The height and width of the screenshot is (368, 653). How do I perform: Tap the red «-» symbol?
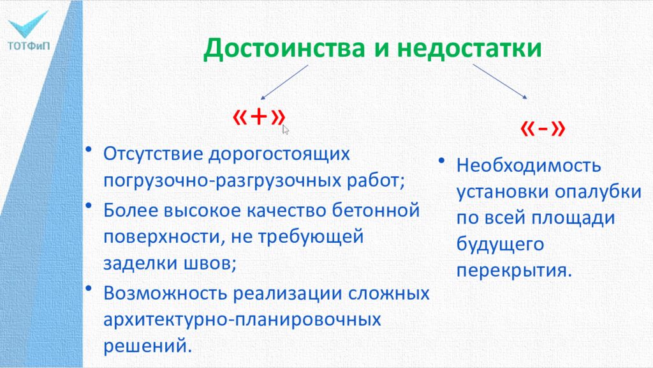(x=543, y=128)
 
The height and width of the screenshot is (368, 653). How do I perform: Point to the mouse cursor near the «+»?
(x=285, y=130)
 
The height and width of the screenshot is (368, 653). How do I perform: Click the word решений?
(x=147, y=346)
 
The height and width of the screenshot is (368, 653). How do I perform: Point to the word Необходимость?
(x=529, y=166)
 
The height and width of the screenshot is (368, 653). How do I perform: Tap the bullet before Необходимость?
(x=441, y=162)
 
